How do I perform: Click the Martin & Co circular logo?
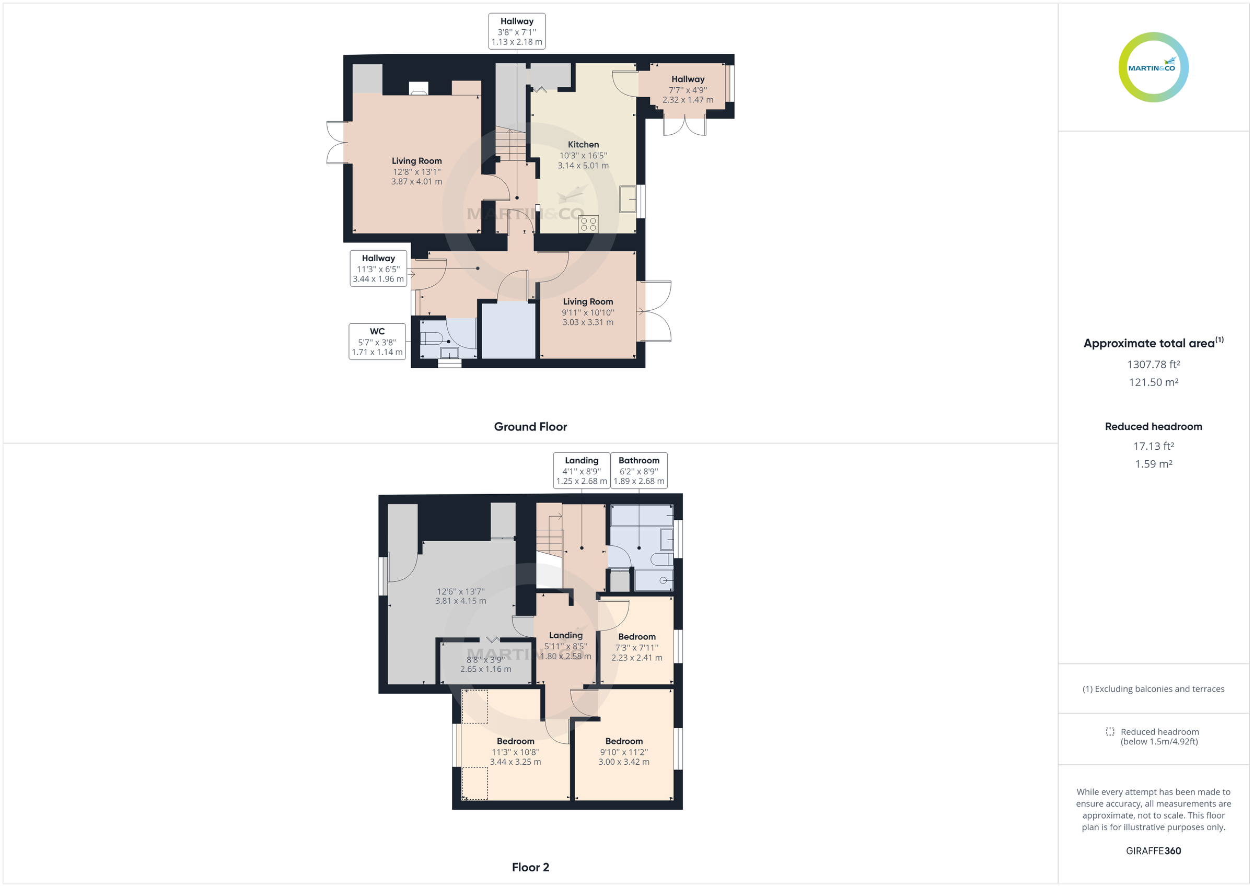point(1153,67)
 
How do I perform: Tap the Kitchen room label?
point(583,145)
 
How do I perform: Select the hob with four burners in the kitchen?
point(588,224)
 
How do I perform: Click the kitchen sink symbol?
point(628,199)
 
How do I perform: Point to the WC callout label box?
point(377,341)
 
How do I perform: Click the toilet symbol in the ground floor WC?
point(431,337)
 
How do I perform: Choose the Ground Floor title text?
point(530,427)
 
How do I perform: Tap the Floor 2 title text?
point(530,867)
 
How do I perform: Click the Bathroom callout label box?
point(638,470)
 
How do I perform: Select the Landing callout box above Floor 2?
point(581,470)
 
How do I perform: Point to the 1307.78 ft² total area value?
point(1153,364)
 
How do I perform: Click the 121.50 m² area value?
point(1153,382)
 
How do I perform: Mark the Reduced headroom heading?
point(1153,427)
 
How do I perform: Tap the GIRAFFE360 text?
point(1153,850)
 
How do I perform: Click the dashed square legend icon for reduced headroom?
point(1110,731)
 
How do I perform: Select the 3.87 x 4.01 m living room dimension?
point(416,181)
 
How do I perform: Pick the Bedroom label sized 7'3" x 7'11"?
point(637,637)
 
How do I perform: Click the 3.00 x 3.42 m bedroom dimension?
point(624,762)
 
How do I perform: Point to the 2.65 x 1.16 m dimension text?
point(485,669)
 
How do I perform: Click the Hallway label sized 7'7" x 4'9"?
point(688,80)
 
